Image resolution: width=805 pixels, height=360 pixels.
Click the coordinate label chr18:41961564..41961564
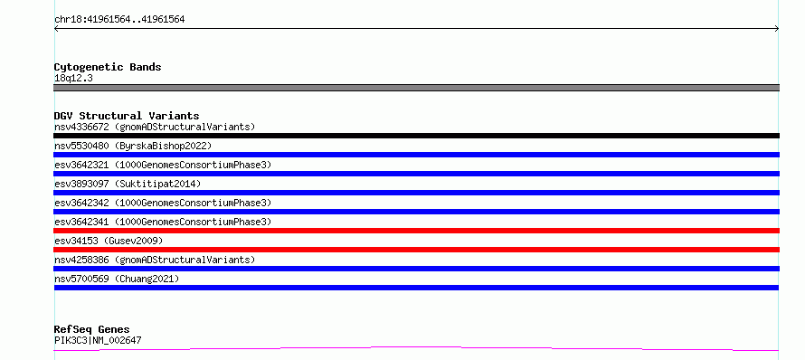(119, 20)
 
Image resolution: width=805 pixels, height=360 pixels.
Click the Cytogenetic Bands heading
(108, 67)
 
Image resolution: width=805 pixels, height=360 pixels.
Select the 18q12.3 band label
(73, 79)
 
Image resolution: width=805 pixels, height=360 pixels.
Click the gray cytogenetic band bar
(416, 88)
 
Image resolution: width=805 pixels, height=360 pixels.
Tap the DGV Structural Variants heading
(127, 116)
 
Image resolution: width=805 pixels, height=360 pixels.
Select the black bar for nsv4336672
(416, 136)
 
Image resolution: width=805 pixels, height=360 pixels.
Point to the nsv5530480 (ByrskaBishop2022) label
(133, 146)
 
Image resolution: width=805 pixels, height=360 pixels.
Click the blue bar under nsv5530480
(416, 155)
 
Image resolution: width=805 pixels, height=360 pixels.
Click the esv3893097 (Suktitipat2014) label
(128, 184)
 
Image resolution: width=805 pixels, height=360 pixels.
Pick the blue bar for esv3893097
(416, 193)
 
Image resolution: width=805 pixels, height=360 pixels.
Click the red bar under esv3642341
(416, 231)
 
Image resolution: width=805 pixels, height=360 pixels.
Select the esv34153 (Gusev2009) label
(109, 241)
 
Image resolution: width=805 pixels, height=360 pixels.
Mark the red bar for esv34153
(416, 250)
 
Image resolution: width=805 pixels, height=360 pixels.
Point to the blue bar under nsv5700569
(416, 288)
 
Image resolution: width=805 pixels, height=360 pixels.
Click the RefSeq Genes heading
(92, 330)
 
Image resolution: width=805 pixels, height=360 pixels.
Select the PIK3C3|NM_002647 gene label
(98, 340)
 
